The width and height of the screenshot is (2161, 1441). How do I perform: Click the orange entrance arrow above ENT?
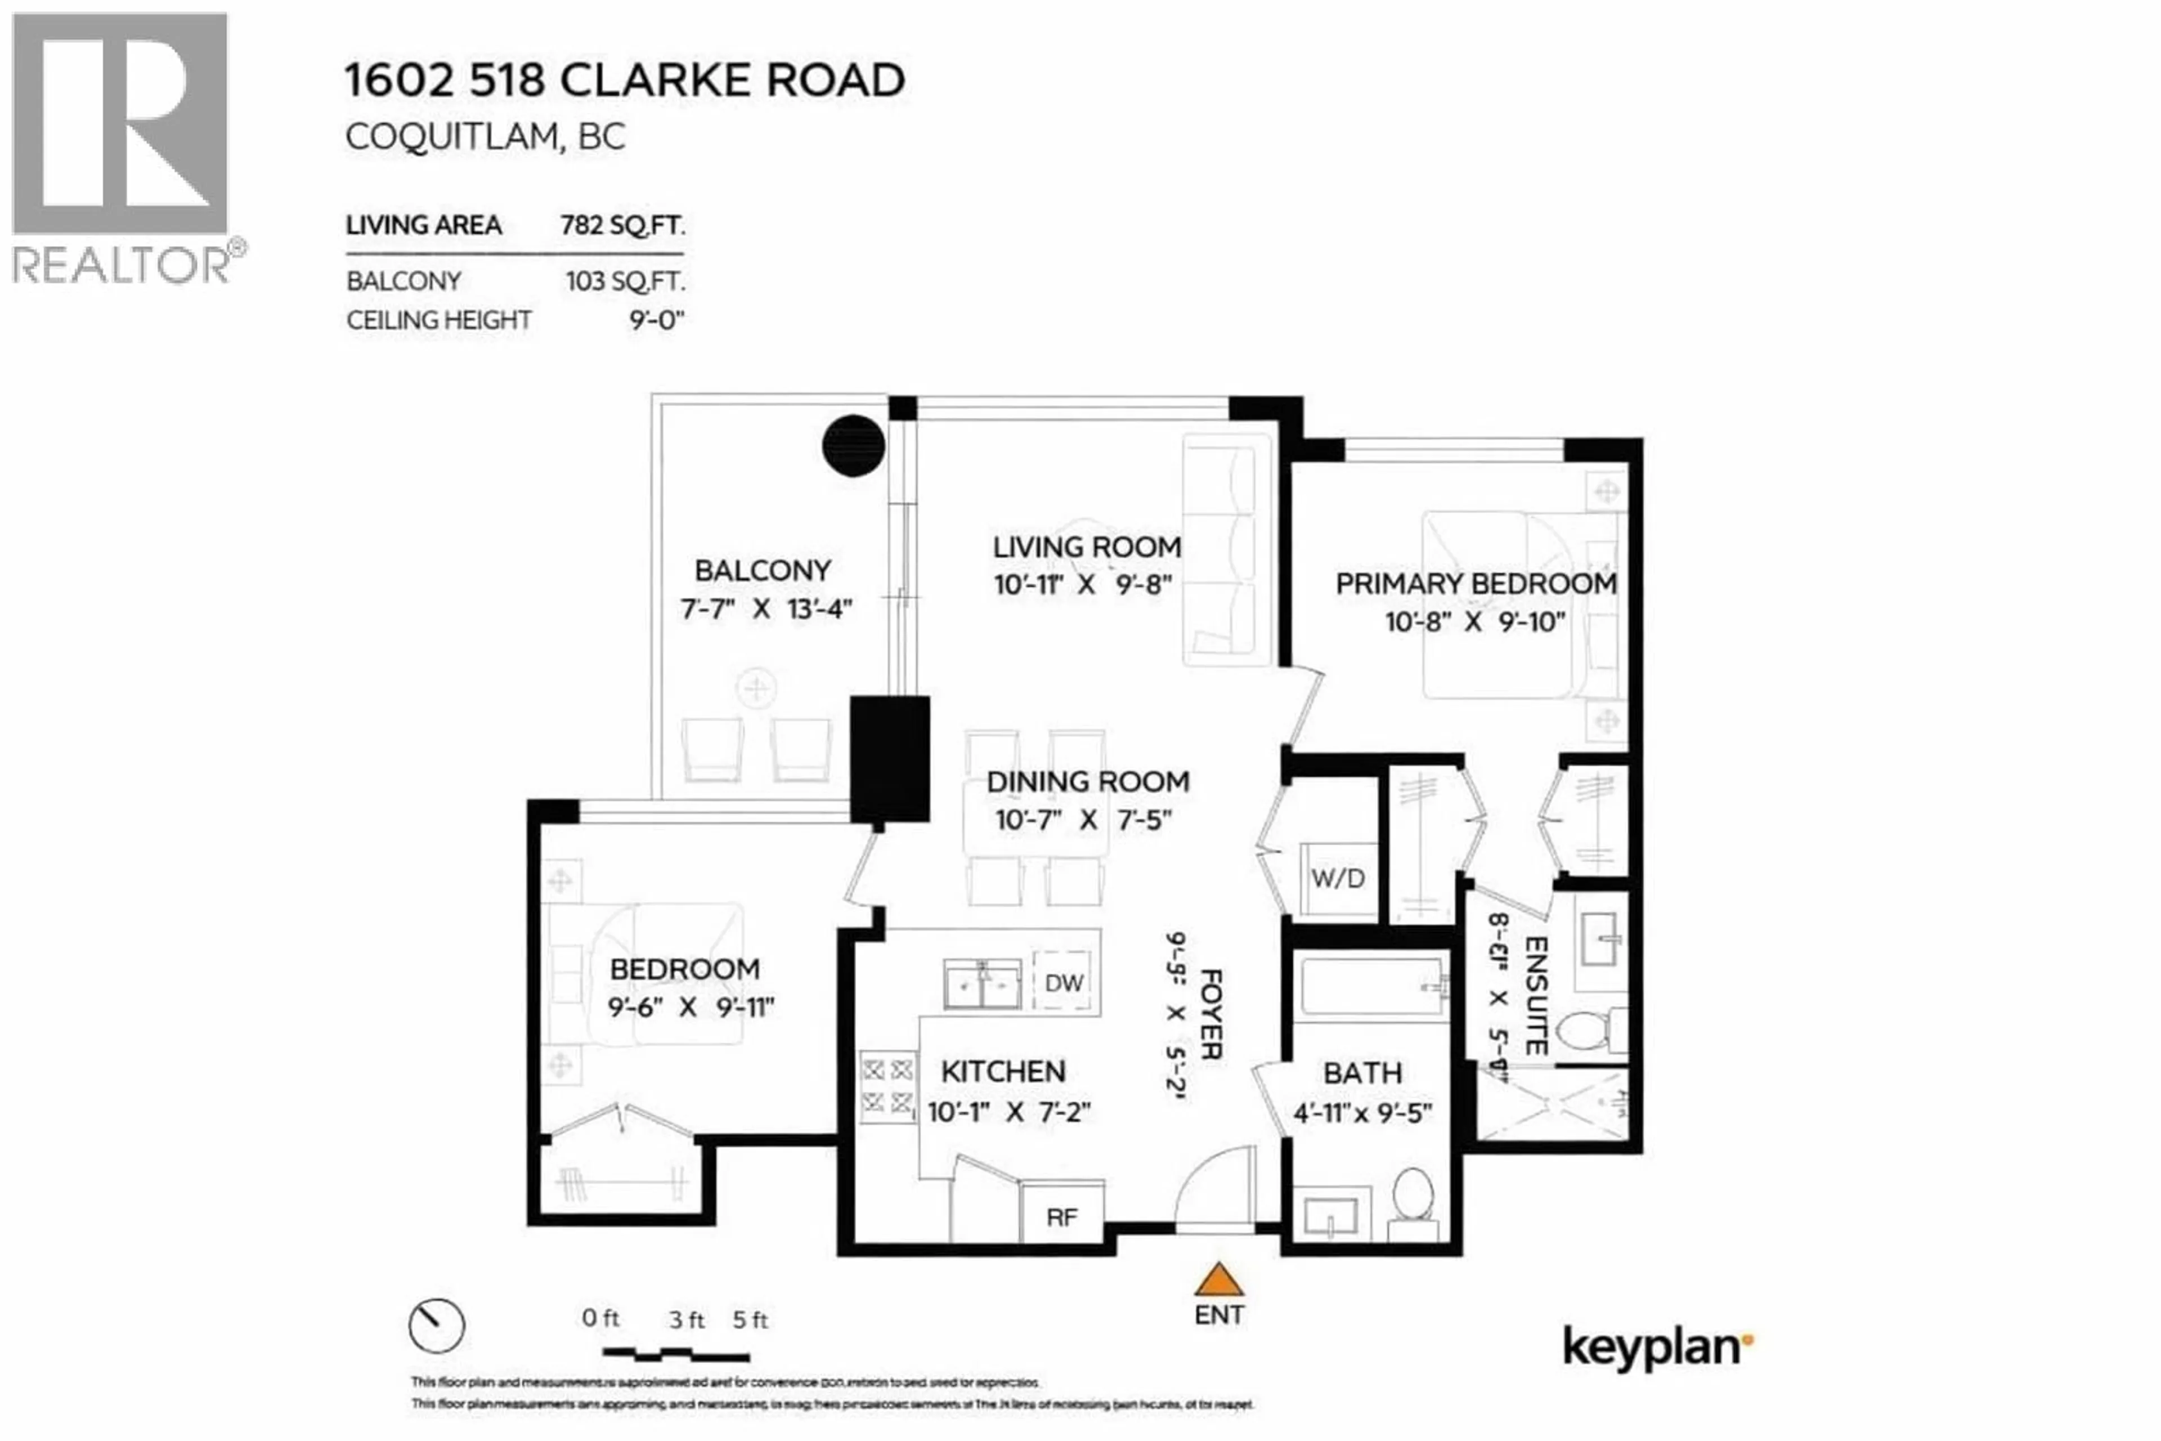click(x=1218, y=1280)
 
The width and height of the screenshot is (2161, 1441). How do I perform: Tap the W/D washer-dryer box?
click(x=1338, y=879)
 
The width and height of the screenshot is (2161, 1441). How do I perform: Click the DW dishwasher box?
click(x=1064, y=982)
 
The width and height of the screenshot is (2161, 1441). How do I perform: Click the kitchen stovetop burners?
click(x=887, y=1085)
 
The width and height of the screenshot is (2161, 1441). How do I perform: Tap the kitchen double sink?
click(x=982, y=984)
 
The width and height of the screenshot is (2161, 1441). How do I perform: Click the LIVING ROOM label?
click(x=1086, y=547)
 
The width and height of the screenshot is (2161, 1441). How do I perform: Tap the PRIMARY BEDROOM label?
click(x=1476, y=584)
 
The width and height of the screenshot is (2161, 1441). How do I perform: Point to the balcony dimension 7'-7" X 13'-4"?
click(x=766, y=608)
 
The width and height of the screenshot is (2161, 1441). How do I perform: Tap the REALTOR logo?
click(x=120, y=147)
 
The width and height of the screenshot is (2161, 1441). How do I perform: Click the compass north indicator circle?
click(x=437, y=1325)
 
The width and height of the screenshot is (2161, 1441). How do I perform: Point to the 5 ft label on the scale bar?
click(x=750, y=1319)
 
